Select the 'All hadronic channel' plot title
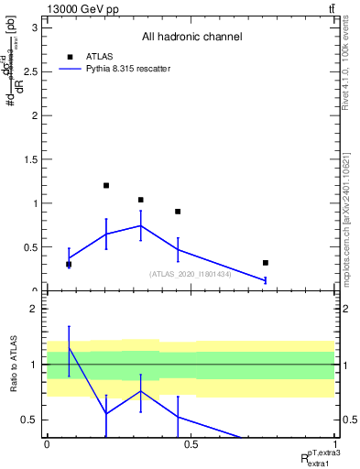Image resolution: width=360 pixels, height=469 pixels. tap(191, 38)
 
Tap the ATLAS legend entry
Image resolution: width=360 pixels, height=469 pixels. tap(93, 56)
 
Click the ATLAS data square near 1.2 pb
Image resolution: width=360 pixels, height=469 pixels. tap(106, 186)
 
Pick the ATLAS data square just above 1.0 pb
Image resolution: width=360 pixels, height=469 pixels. tap(140, 200)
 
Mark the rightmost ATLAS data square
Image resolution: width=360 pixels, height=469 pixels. tap(266, 263)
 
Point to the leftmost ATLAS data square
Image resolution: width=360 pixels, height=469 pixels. tap(69, 265)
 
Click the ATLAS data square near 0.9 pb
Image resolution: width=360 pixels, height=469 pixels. tap(178, 212)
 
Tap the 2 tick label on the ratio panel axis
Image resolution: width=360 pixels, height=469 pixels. tap(34, 310)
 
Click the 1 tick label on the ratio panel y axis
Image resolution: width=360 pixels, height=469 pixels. tap(34, 365)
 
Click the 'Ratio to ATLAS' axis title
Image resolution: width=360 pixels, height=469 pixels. tap(13, 365)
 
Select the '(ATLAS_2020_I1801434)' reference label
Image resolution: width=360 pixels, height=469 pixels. tap(191, 273)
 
